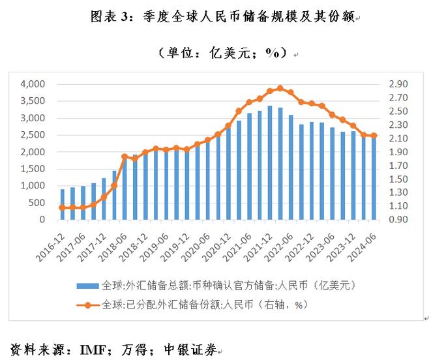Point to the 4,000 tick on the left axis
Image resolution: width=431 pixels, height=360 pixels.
coord(33,84)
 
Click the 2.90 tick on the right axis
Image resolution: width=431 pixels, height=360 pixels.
coord(398,84)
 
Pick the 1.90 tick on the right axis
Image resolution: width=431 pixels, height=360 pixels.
coord(398,152)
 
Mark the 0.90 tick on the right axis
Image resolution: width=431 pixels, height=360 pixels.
coord(398,220)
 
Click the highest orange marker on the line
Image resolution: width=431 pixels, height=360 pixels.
coord(280,88)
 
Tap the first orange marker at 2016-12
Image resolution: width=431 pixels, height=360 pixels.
coord(62,207)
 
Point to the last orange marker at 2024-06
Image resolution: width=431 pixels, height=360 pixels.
coord(374,136)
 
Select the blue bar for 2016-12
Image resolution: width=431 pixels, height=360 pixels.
coord(62,204)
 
